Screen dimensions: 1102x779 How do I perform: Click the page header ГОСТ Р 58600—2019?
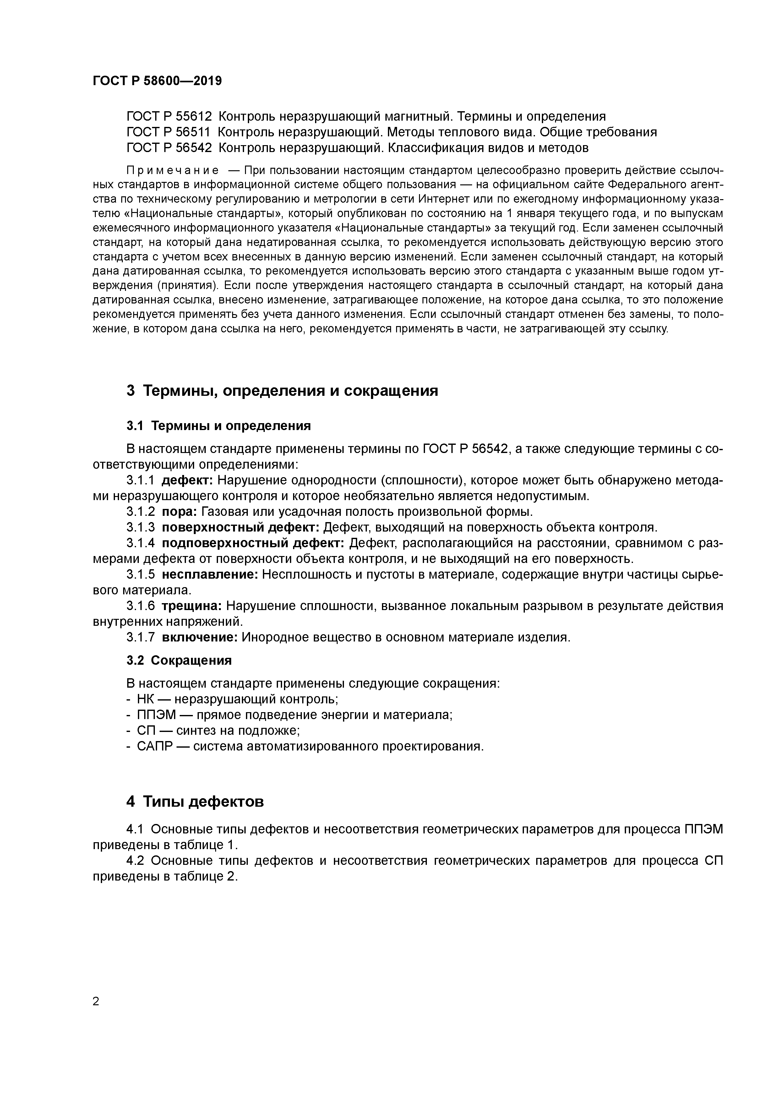pyautogui.click(x=157, y=81)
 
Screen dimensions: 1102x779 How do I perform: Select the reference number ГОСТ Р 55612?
pyautogui.click(x=169, y=116)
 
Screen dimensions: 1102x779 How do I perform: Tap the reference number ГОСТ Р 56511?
pyautogui.click(x=169, y=132)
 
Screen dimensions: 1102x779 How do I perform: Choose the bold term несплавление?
pyautogui.click(x=210, y=575)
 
